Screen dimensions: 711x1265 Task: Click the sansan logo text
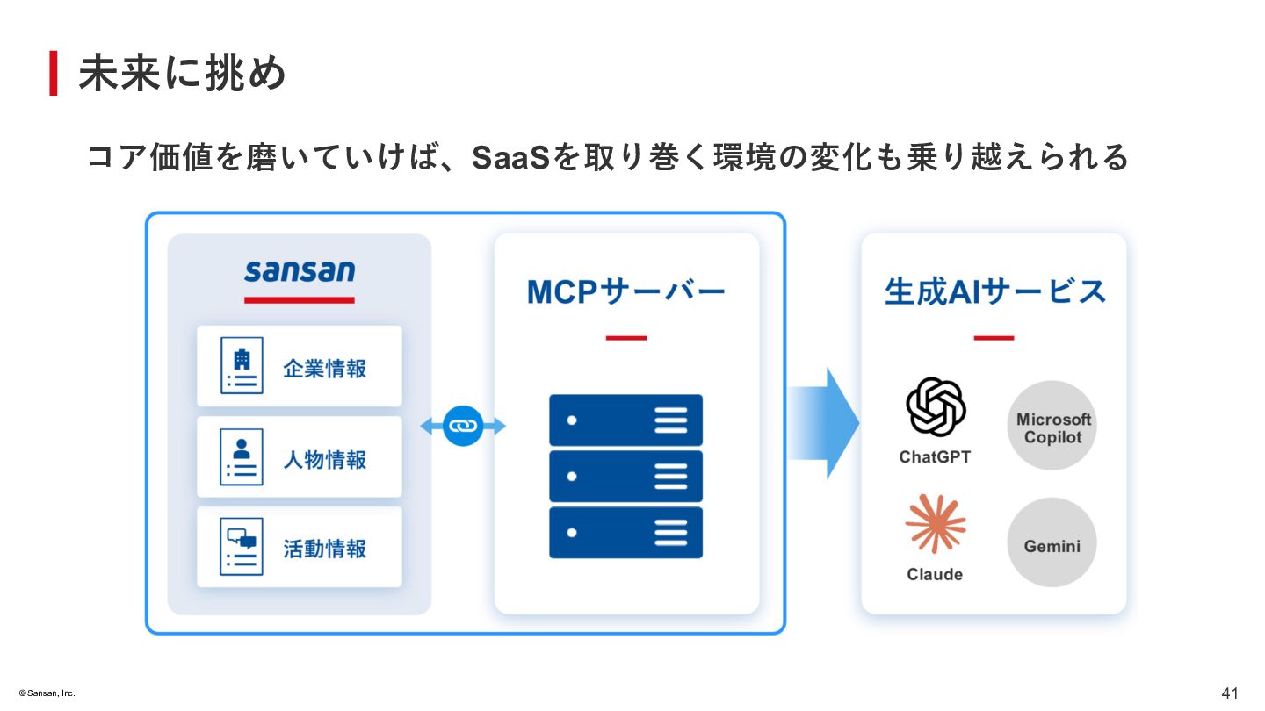[300, 270]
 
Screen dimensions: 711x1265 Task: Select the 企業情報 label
[324, 369]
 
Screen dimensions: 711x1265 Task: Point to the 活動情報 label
[324, 549]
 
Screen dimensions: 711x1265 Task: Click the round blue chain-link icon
[463, 426]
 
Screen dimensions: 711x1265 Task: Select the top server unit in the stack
[625, 420]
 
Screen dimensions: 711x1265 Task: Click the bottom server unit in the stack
[625, 532]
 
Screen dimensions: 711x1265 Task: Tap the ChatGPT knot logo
[936, 407]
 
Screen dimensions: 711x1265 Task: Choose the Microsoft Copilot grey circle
[1052, 426]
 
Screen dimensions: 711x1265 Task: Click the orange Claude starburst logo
[936, 524]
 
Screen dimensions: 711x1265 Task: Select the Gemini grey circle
[1052, 543]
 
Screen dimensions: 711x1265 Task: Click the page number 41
[1230, 693]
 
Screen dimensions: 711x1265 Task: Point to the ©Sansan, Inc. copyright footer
[41, 693]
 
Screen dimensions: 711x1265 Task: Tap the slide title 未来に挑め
[183, 74]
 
